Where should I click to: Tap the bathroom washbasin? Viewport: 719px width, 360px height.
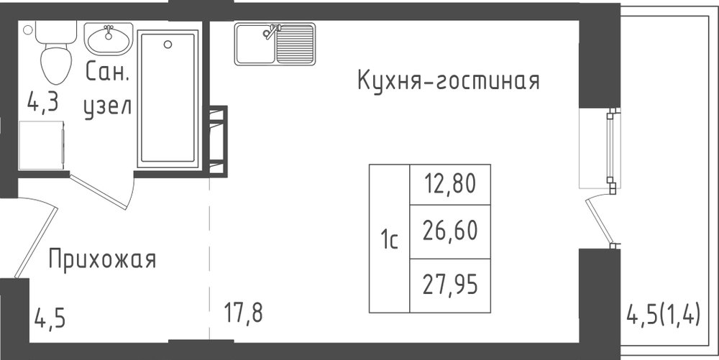pyautogui.click(x=109, y=40)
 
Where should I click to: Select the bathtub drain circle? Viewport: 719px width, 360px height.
pyautogui.click(x=168, y=45)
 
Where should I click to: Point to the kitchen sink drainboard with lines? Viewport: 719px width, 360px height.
pyautogui.click(x=296, y=44)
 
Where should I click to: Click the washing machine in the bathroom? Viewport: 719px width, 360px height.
pyautogui.click(x=41, y=145)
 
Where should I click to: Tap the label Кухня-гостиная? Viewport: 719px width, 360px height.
pyautogui.click(x=448, y=80)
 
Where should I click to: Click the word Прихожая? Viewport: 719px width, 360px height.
pyautogui.click(x=102, y=259)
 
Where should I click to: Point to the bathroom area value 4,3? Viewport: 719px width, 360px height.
pyautogui.click(x=42, y=102)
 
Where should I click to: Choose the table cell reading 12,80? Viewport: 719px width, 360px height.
pyautogui.click(x=450, y=184)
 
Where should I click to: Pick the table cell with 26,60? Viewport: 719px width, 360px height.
pyautogui.click(x=450, y=231)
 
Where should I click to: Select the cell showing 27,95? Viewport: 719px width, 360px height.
pyautogui.click(x=450, y=285)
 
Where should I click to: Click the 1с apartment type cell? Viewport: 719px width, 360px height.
pyautogui.click(x=389, y=239)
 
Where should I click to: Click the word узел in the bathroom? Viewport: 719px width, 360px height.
pyautogui.click(x=108, y=107)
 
